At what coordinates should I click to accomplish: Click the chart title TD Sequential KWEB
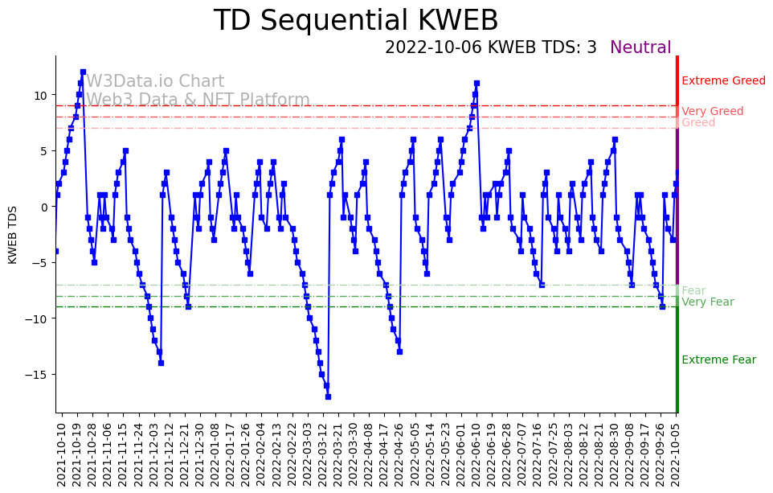point(355,21)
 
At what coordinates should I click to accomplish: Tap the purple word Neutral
point(640,48)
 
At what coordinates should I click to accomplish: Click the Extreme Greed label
point(723,80)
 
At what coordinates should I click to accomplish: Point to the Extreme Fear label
point(718,360)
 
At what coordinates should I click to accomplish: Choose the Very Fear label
point(707,302)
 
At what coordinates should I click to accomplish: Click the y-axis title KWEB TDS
point(13,235)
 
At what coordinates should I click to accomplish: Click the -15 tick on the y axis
point(39,375)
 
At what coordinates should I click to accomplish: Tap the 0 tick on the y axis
point(45,207)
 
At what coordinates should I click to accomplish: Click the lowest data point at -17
point(328,396)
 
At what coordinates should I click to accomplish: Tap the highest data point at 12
point(83,72)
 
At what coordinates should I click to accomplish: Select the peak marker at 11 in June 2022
point(476,84)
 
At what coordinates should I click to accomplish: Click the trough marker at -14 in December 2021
point(161,363)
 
